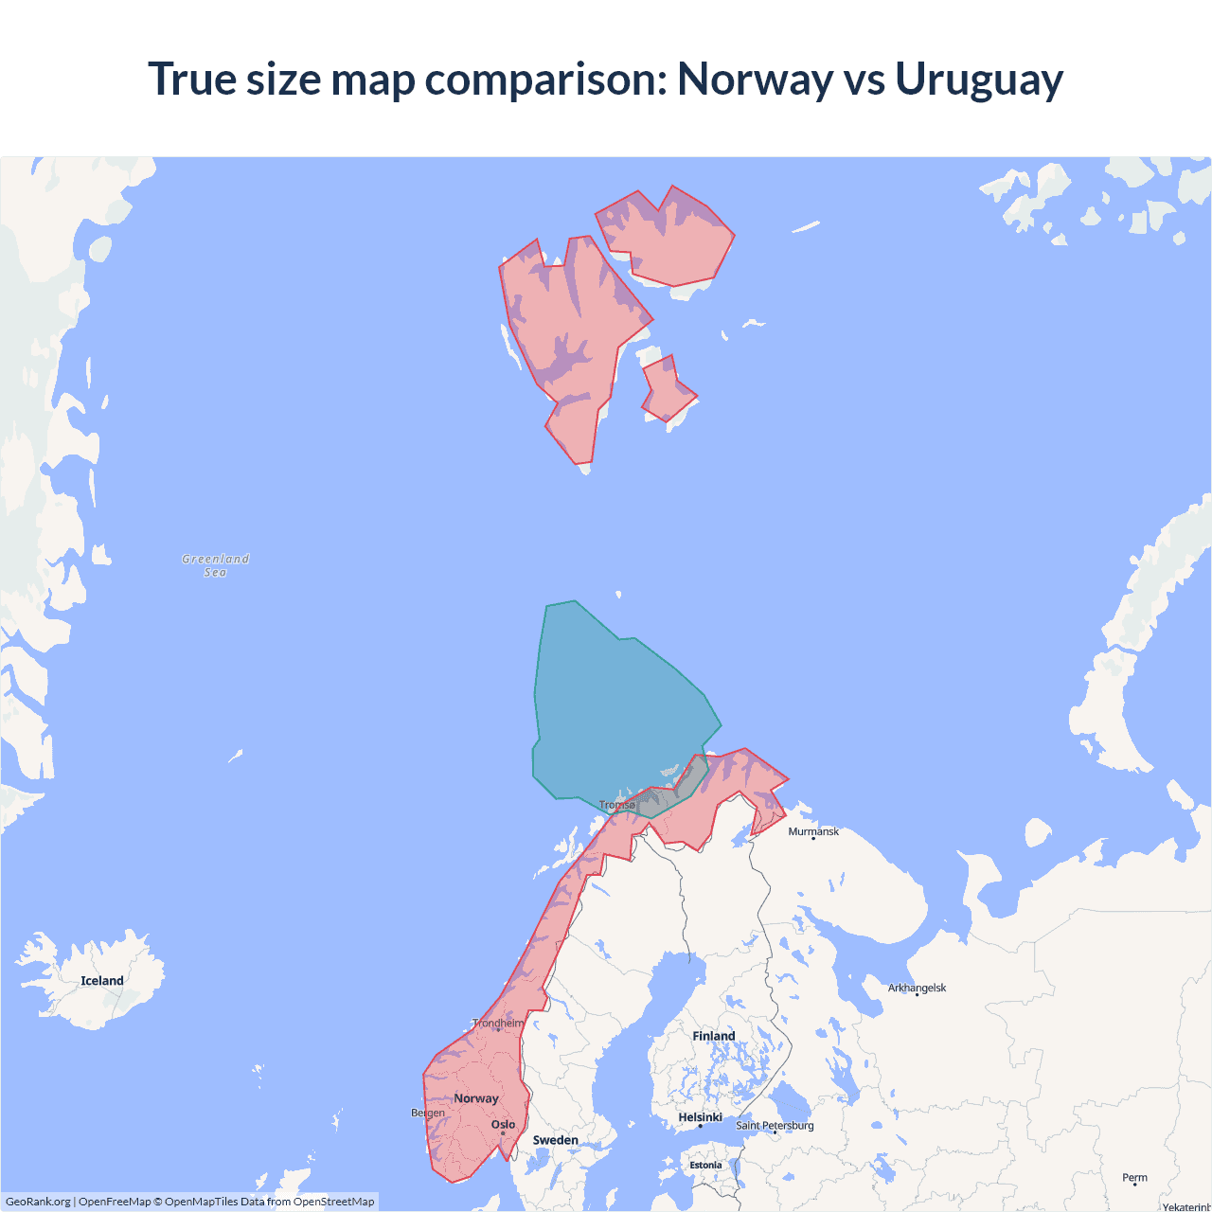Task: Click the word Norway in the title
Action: coord(754,80)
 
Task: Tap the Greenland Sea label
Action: coord(216,565)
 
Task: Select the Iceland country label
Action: coord(102,981)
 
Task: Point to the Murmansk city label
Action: coord(813,831)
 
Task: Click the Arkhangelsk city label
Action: coord(917,988)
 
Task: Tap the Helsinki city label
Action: coord(701,1117)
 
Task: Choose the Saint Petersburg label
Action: coord(775,1125)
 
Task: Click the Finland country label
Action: coord(714,1036)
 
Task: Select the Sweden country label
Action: coord(556,1140)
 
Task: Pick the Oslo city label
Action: coord(503,1125)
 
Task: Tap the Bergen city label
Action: coord(428,1113)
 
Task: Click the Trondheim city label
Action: coord(498,1023)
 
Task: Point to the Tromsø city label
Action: coord(617,805)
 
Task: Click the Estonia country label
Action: coord(705,1166)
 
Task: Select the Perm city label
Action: coord(1134,1178)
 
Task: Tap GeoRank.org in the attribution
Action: coord(38,1202)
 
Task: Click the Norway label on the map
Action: coord(476,1098)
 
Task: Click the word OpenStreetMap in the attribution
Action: coord(333,1202)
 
